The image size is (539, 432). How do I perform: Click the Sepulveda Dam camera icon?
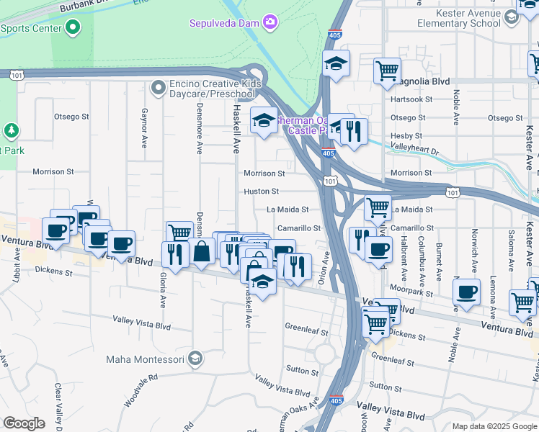pyautogui.click(x=270, y=22)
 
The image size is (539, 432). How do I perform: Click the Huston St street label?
pyautogui.click(x=261, y=192)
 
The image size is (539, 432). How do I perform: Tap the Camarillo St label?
pyautogui.click(x=299, y=228)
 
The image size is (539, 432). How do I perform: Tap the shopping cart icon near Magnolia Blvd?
pyautogui.click(x=387, y=71)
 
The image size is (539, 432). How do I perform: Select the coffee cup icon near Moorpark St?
pyautogui.click(x=467, y=292)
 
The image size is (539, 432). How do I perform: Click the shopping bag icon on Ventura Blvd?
pyautogui.click(x=202, y=252)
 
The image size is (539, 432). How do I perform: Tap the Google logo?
pyautogui.click(x=24, y=423)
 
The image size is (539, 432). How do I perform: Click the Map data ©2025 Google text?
pyautogui.click(x=494, y=426)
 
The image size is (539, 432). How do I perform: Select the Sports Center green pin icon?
pyautogui.click(x=72, y=28)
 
